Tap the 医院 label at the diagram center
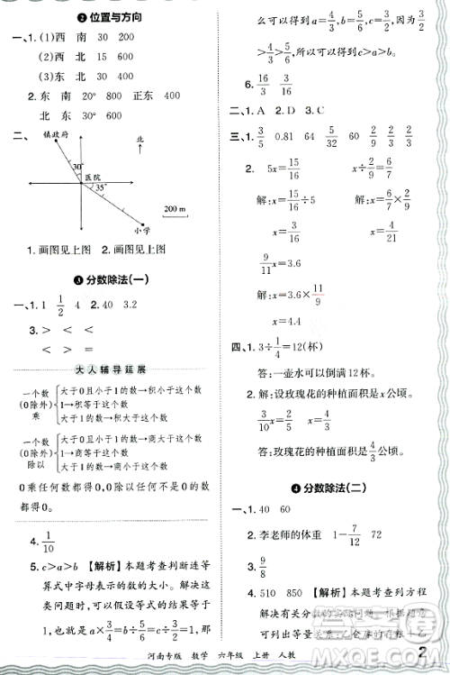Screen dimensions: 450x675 click(x=94, y=178)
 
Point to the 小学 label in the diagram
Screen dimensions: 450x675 click(x=140, y=230)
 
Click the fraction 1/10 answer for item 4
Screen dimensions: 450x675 click(x=48, y=541)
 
